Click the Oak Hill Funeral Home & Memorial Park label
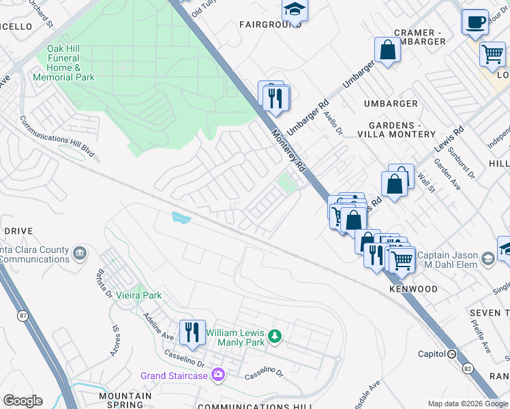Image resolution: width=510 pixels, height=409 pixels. [x=71, y=63]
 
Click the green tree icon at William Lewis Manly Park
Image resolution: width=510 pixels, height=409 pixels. [x=274, y=335]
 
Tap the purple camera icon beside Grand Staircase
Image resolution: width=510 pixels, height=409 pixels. [x=218, y=374]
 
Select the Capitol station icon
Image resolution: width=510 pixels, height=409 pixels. [x=451, y=353]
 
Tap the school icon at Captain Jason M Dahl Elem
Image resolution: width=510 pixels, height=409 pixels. [x=487, y=259]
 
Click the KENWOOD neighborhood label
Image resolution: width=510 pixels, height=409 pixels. [x=413, y=289]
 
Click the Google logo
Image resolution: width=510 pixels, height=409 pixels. [x=22, y=401]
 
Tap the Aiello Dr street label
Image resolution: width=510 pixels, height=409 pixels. [x=333, y=123]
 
